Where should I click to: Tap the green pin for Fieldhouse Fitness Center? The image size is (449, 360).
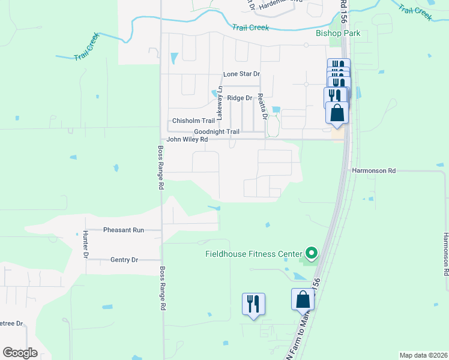[311, 253]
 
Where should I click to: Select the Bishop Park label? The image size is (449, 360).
[339, 33]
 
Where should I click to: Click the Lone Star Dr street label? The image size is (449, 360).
[241, 74]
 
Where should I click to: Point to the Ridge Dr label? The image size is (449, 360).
[240, 98]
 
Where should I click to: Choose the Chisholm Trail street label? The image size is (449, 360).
[193, 121]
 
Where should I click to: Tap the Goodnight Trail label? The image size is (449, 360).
[217, 132]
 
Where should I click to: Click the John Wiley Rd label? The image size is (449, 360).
[187, 140]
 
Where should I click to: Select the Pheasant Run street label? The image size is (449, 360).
[124, 230]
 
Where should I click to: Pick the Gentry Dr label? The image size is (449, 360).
[124, 260]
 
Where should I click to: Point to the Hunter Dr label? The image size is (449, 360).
[86, 244]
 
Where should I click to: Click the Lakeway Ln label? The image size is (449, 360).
[220, 101]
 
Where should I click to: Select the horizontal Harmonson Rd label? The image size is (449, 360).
[374, 170]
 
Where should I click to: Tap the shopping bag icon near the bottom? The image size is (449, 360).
[303, 299]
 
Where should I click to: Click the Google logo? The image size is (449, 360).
[20, 353]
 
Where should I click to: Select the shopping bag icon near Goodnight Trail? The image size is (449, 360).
[337, 112]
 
